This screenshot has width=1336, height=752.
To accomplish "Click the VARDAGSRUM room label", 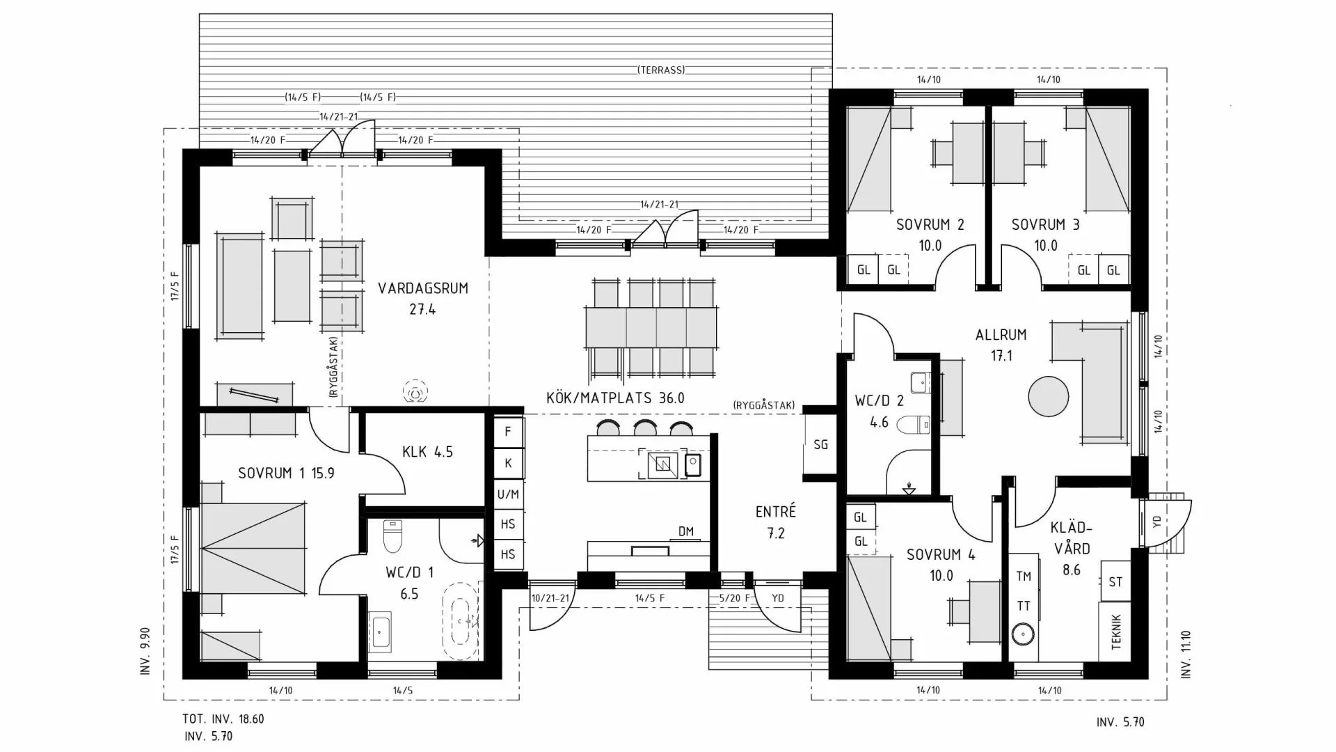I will (x=422, y=288).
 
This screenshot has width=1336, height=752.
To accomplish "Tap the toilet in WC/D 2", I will (x=914, y=424).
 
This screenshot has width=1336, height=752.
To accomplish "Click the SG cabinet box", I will (x=820, y=444).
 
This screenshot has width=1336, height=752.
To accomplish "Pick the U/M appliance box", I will (x=508, y=494).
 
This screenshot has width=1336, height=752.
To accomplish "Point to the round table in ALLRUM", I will (x=1048, y=396).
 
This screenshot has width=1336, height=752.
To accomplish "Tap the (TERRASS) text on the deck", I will (x=660, y=70).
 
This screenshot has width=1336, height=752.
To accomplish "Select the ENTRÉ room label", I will (x=775, y=512).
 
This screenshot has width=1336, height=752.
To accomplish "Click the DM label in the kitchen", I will (x=685, y=532).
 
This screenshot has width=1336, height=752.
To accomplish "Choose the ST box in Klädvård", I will (x=1115, y=582).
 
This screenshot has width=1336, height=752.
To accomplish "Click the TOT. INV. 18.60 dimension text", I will (x=223, y=719).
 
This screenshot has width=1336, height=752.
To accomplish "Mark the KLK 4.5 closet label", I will (x=427, y=452).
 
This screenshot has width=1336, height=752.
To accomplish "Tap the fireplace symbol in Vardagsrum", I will (x=415, y=392).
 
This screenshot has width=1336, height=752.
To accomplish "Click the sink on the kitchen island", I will (x=662, y=464).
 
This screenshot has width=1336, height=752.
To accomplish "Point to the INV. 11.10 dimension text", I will (x=1186, y=655).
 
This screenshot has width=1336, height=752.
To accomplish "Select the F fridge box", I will (x=508, y=432).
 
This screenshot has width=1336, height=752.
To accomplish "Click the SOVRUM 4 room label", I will (x=940, y=555).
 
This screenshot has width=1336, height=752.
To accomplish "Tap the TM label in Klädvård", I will (x=1023, y=577).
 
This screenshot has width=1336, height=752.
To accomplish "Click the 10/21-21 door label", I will (x=550, y=598).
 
